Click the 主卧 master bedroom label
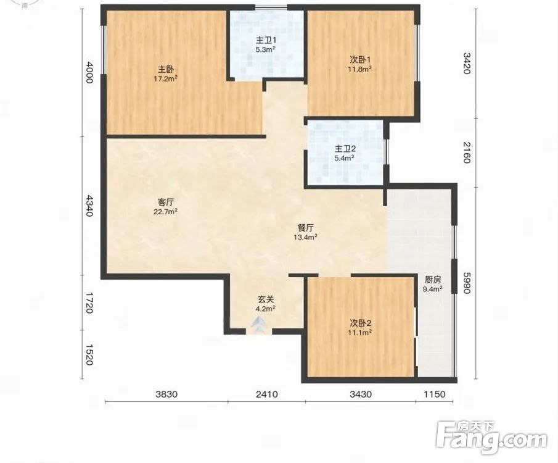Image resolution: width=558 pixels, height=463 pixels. (x=166, y=69)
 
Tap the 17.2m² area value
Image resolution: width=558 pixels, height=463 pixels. (x=166, y=78)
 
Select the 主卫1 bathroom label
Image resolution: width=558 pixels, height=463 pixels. (x=266, y=40)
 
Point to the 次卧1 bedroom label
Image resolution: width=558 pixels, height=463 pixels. (x=360, y=59)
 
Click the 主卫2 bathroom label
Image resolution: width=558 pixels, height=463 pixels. (x=345, y=148)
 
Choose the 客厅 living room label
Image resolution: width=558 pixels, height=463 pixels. (x=166, y=202)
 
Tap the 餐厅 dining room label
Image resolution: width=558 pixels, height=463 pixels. (x=306, y=227)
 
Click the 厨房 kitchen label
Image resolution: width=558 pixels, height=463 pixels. (x=433, y=280)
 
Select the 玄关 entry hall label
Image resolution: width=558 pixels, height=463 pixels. (x=266, y=299)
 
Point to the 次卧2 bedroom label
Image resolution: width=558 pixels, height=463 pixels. (x=360, y=323)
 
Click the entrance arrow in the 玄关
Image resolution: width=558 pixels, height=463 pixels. (x=259, y=325)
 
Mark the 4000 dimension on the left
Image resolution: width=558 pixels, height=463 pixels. (x=89, y=72)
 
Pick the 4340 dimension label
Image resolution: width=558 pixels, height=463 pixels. (x=89, y=206)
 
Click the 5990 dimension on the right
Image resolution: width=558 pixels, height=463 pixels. (x=467, y=283)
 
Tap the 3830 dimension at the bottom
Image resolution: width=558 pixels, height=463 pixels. (x=166, y=394)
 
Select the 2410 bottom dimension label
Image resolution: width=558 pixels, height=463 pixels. (x=266, y=394)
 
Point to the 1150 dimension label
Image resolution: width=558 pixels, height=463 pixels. (x=435, y=394)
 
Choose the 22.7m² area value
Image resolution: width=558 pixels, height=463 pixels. (x=166, y=212)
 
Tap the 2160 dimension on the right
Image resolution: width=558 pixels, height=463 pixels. (x=467, y=152)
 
